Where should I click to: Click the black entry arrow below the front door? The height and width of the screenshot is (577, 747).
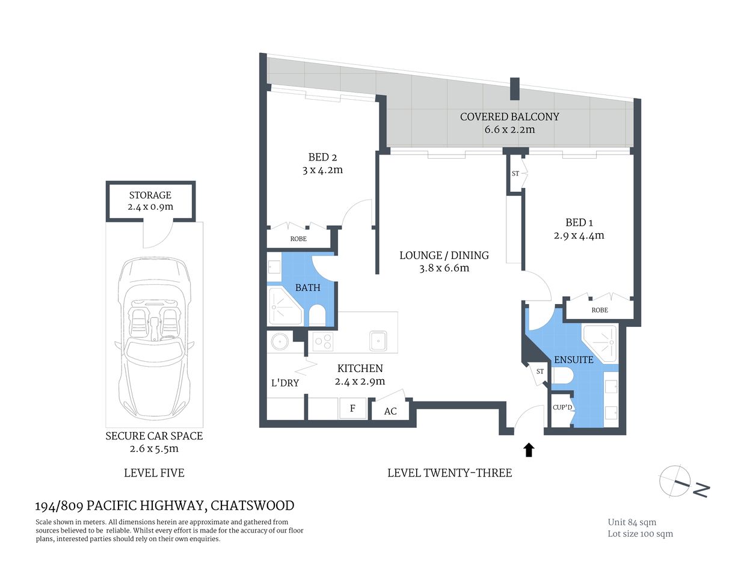coord(529,450)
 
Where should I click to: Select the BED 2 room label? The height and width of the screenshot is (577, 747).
coord(322,157)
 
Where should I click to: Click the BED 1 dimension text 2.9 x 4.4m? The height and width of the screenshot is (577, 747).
coord(579,236)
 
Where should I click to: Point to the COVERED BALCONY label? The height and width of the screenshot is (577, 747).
coord(509,117)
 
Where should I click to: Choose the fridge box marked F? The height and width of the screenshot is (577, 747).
coord(352,409)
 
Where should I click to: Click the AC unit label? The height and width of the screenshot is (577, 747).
coord(390,411)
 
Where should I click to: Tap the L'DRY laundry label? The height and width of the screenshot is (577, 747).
coord(285,383)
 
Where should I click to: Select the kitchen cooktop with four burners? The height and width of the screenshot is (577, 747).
coord(322,341)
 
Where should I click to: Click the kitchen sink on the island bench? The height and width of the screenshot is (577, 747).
coord(378,341)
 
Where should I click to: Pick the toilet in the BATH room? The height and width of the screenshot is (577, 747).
coord(316,315)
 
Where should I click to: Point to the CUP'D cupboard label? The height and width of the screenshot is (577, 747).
coord(562,408)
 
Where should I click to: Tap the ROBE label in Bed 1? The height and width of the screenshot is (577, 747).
coord(600,310)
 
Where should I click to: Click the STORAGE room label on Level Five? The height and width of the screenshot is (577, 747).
coord(150,195)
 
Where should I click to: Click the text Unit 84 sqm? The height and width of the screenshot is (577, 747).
coord(632,522)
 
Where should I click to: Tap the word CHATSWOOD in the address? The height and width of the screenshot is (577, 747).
coord(252,505)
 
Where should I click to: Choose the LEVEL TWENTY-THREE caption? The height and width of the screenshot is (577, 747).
coord(449,473)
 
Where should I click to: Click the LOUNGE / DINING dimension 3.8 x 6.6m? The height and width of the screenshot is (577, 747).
coord(444,269)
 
